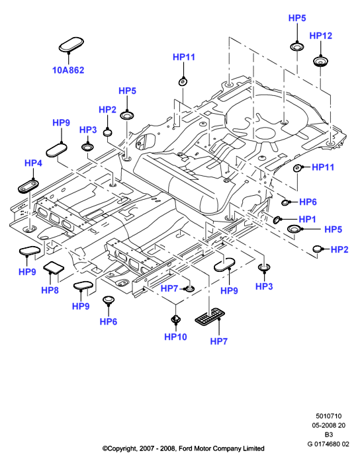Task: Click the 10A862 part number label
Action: pos(68,70)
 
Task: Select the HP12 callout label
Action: pos(320,36)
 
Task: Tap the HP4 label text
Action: pos(33,163)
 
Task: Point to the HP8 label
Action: pos(50,290)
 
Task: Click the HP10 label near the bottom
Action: pos(175,337)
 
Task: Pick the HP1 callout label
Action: pos(307,220)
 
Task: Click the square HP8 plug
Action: pos(54,267)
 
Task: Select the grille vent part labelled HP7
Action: pos(209,317)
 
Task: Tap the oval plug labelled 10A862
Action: pos(71,44)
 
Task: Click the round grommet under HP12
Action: pos(320,62)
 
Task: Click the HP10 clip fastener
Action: pos(175,319)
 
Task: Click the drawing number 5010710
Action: pos(329,416)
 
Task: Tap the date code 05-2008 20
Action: pos(329,425)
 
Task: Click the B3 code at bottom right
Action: pos(329,435)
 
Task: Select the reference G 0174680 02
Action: pos(328,444)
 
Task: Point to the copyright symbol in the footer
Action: pos(105,448)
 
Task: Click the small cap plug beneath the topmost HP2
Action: pos(109,132)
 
